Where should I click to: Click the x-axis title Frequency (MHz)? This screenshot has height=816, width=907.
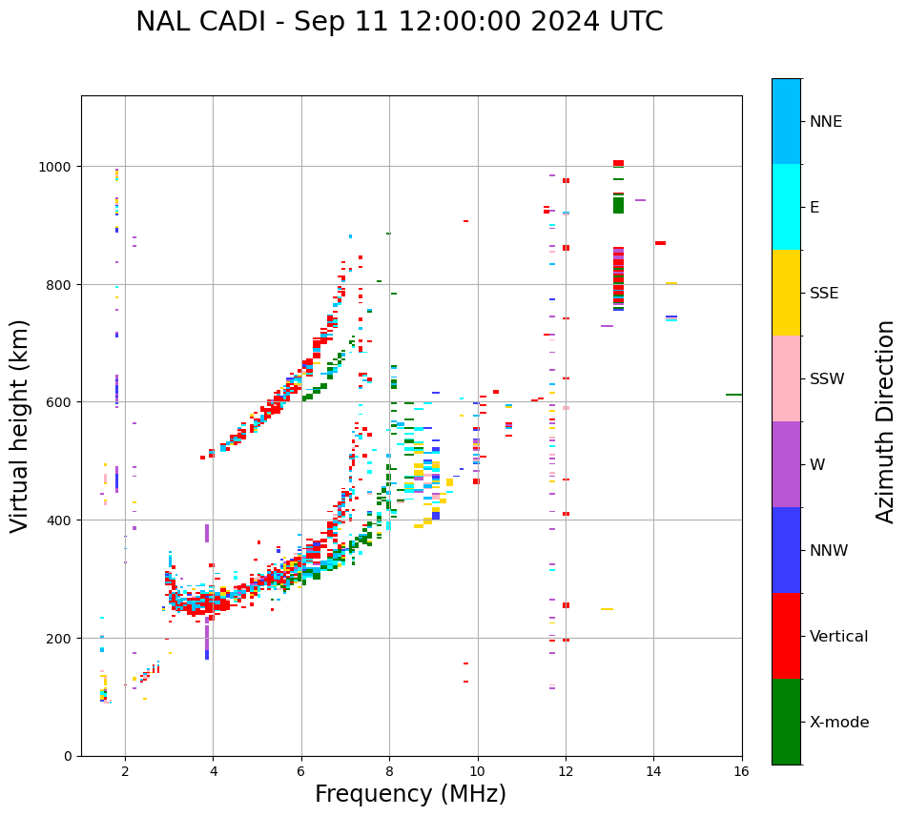(x=410, y=794)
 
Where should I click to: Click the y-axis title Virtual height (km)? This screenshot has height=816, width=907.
(x=20, y=425)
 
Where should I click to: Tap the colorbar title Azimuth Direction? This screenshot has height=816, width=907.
(x=886, y=421)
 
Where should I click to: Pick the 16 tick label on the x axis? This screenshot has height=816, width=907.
(x=741, y=771)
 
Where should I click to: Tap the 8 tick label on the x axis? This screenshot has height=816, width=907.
(x=389, y=771)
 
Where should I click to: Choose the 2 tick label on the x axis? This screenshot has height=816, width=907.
(x=125, y=771)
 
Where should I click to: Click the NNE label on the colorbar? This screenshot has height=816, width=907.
(x=826, y=122)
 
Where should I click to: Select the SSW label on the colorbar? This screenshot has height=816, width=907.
(x=827, y=379)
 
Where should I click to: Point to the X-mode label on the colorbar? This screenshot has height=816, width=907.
(x=839, y=723)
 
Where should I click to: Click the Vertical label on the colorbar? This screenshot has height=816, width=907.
(x=839, y=637)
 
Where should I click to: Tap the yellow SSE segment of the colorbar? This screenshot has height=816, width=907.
(x=786, y=293)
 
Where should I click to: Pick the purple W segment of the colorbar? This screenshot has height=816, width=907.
(x=786, y=464)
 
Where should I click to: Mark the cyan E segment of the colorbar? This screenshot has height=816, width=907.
(x=786, y=207)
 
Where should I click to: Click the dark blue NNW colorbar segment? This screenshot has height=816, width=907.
(x=786, y=550)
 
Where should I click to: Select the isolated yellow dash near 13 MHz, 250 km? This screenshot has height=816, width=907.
(x=607, y=609)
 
